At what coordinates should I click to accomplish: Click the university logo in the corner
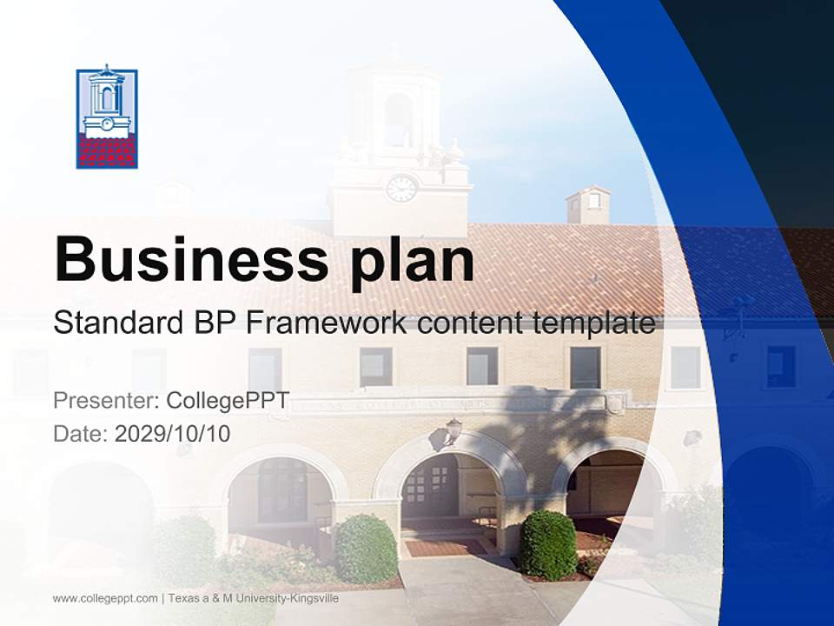106,117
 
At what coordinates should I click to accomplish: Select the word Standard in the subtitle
115,323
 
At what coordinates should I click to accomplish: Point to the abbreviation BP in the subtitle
211,323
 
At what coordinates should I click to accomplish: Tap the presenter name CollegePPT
228,401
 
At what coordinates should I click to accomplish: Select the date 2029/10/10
173,433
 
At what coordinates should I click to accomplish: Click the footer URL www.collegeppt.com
105,598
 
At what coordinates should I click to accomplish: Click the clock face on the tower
400,189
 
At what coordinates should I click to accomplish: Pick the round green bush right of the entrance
548,544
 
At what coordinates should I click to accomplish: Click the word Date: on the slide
81,433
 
